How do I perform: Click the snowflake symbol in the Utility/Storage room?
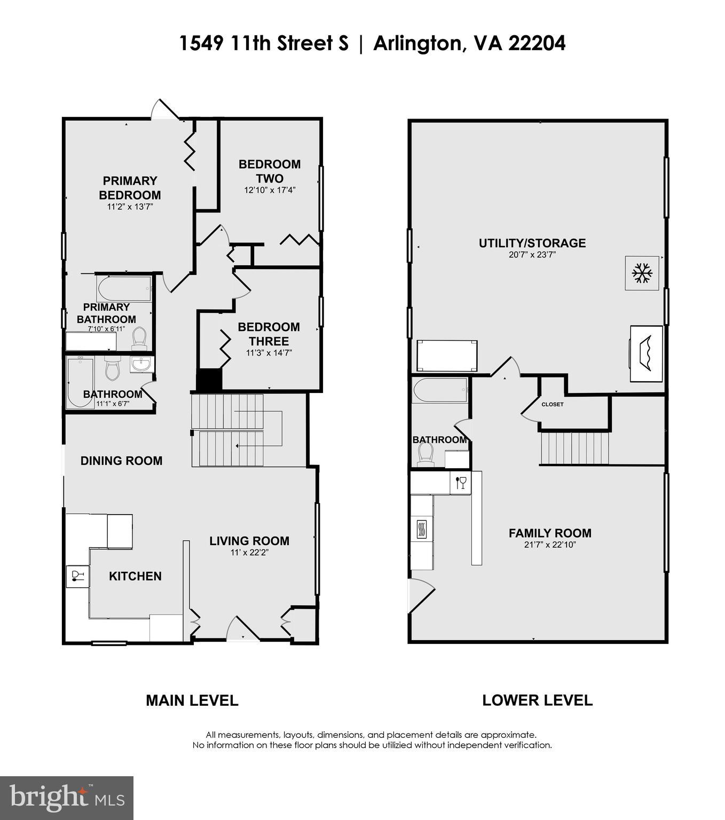point(642,273)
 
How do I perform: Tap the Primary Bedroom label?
point(130,188)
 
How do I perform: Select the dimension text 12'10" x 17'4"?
point(270,190)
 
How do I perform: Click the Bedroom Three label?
point(269,334)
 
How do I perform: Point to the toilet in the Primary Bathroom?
point(139,337)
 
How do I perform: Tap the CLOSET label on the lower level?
point(552,405)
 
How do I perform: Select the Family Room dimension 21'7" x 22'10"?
point(550,545)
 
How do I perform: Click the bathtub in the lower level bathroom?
point(440,391)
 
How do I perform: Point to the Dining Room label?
point(121,461)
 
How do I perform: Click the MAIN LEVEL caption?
point(192,700)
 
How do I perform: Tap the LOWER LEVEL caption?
point(537,700)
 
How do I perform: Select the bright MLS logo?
point(67,798)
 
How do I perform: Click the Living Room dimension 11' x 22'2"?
point(249,553)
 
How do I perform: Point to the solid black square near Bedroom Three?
point(209,380)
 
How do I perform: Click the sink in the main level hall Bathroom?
point(141,364)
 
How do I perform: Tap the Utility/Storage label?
point(532,243)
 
